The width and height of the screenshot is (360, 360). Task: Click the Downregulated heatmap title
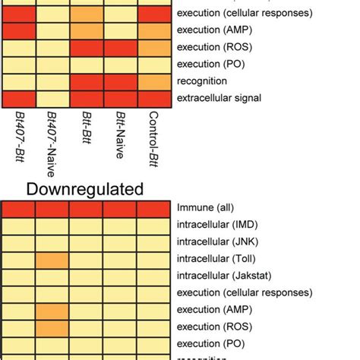point(86,188)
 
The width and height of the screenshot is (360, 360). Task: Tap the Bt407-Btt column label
point(19,136)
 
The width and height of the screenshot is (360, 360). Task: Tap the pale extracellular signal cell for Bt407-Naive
point(52,99)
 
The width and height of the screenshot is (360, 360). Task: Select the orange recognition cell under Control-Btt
point(154,81)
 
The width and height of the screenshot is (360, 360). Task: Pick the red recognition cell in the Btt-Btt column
point(86,81)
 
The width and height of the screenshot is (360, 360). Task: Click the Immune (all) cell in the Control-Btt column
point(154,210)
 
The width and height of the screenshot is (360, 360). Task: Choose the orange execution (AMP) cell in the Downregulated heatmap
point(52,311)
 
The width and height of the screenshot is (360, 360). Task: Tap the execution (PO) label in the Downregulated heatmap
point(210,343)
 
